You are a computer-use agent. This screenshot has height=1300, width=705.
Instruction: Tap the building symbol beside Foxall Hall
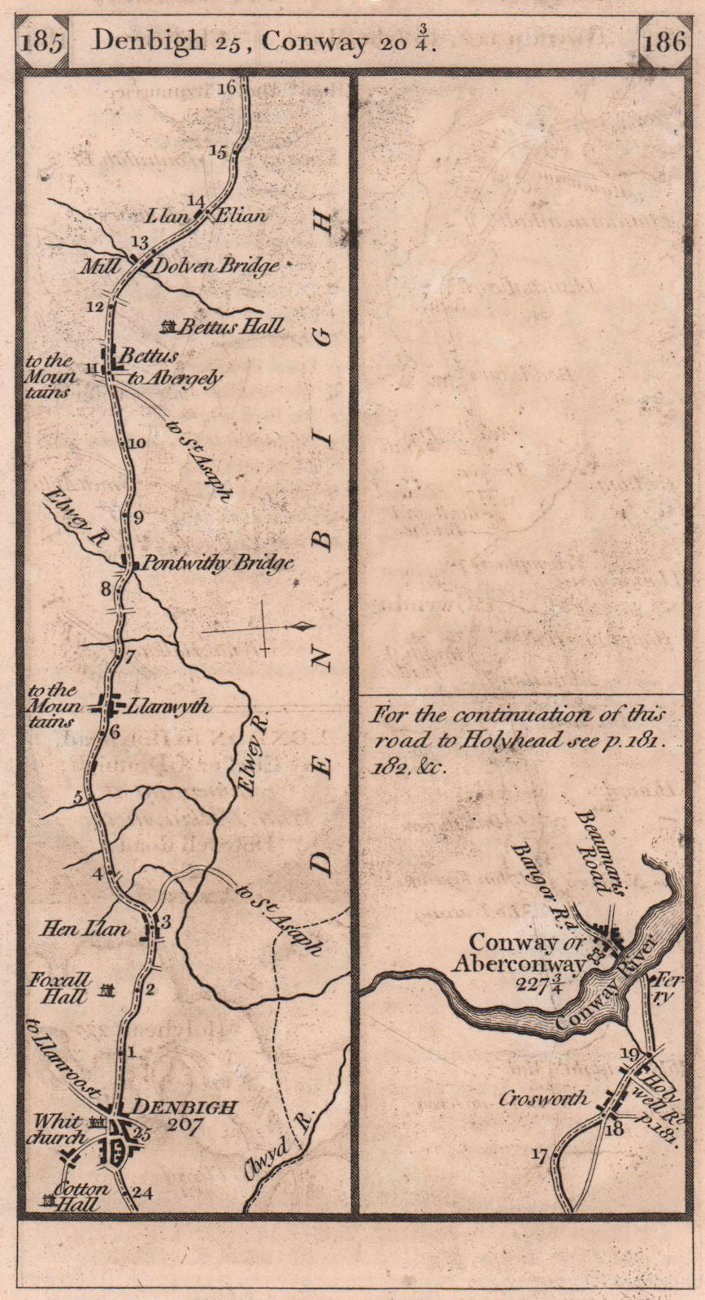[x=107, y=990]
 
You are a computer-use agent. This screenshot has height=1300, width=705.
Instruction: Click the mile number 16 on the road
[x=226, y=87]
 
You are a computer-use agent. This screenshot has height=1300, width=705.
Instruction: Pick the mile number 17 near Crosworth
[x=538, y=1155]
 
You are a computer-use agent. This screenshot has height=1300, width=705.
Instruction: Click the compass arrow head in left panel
[x=303, y=626]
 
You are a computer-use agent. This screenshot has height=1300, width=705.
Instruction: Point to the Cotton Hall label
[x=81, y=1196]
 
